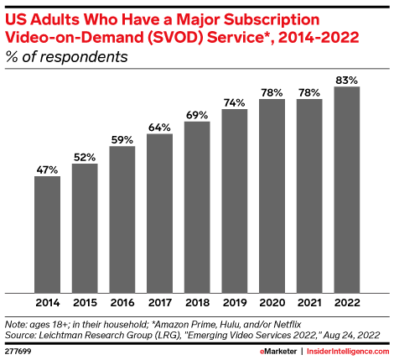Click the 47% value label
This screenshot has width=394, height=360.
point(47,170)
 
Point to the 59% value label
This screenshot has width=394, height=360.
point(122,139)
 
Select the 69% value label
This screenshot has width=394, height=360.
point(197,114)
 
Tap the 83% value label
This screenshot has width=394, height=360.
point(347,79)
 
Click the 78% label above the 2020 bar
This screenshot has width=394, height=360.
point(272,91)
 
